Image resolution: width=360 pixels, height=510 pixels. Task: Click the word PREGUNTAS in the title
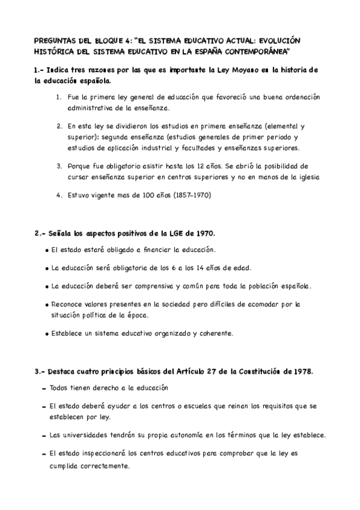[x=56, y=40]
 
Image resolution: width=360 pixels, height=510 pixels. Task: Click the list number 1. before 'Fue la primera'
[x=59, y=97]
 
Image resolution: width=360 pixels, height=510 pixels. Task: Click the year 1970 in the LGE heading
[x=204, y=233]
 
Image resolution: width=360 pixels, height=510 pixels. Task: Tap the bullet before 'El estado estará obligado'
[x=48, y=250]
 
